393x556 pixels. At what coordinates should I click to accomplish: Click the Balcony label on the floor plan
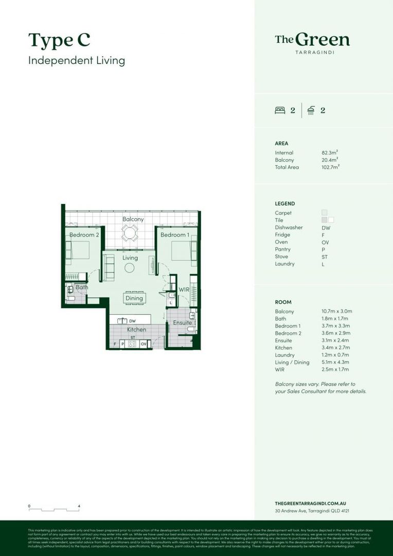click(x=133, y=219)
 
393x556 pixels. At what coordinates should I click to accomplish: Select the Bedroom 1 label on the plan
click(x=174, y=235)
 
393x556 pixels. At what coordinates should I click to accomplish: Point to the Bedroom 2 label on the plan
click(x=84, y=235)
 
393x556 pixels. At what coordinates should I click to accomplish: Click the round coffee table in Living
click(x=129, y=268)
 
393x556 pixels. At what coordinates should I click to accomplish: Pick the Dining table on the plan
click(x=134, y=298)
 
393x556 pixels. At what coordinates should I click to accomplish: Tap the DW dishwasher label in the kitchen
click(x=132, y=321)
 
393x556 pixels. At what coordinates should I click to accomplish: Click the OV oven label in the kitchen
click(x=144, y=343)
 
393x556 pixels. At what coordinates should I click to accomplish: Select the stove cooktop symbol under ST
click(x=132, y=344)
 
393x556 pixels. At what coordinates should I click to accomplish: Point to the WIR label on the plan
click(x=184, y=290)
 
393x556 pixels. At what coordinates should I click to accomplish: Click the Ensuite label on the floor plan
click(x=182, y=323)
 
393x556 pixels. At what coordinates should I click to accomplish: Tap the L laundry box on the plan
click(x=171, y=303)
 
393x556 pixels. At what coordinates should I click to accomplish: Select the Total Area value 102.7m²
click(x=330, y=167)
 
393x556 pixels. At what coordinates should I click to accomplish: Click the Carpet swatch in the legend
click(x=325, y=213)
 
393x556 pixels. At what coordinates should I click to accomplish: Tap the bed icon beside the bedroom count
click(x=280, y=110)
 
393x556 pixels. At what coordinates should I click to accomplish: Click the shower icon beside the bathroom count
click(x=311, y=110)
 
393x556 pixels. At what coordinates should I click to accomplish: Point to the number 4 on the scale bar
click(x=79, y=506)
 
